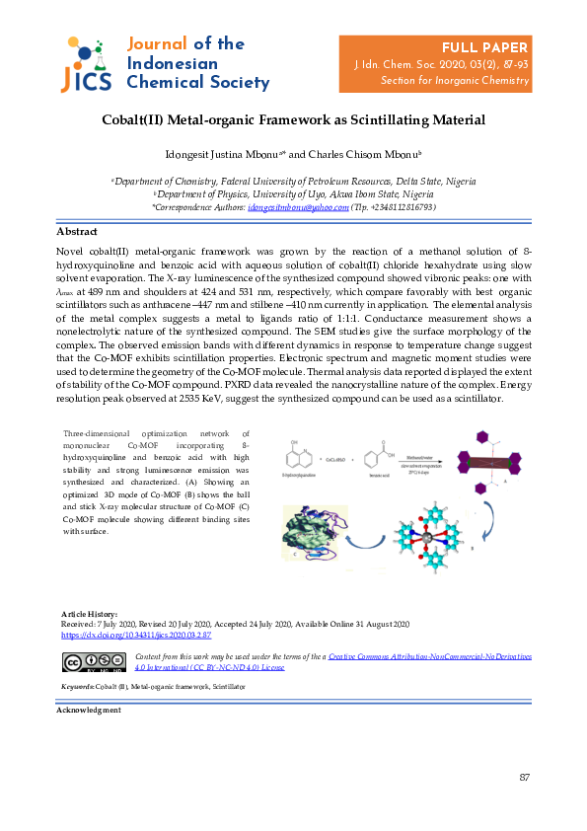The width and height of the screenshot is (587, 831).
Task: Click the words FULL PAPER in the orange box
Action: [484, 47]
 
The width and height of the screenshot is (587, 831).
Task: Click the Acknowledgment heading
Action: [89, 710]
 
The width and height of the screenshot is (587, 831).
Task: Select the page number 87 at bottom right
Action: [525, 779]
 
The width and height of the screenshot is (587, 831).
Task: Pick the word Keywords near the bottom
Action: [75, 685]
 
